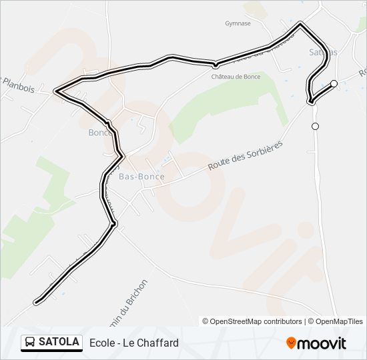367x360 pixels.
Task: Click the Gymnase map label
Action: coord(238,23)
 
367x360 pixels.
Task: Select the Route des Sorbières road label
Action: coord(245,155)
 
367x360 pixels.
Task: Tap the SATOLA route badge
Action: coord(51,343)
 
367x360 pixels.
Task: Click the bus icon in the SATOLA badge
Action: coord(30,343)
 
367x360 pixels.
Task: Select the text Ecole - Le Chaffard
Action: coord(134,343)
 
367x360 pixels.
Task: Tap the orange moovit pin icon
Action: coord(292,343)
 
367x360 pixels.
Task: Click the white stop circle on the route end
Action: coord(334,84)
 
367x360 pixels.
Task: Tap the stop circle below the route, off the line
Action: coord(315,126)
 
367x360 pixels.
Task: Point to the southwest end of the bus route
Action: coord(37,301)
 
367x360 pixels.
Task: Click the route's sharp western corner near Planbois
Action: coord(56,91)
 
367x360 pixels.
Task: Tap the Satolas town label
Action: coord(323,52)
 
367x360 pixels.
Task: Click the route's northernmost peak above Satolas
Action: coord(300,25)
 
